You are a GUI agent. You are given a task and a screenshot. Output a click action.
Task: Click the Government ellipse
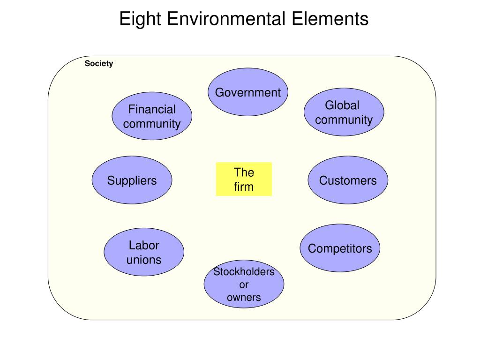tap(247, 92)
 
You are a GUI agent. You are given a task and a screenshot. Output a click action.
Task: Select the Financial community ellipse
tap(152, 116)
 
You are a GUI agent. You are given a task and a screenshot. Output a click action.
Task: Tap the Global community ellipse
tap(344, 112)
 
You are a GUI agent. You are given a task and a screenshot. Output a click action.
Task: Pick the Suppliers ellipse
tap(132, 180)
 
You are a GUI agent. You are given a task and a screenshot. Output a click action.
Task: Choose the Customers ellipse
tap(348, 180)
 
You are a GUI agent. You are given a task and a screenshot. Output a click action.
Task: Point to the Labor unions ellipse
tap(144, 252)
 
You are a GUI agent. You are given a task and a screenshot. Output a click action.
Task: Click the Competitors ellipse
tap(340, 248)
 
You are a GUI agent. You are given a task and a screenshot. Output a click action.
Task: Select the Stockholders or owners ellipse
tap(244, 285)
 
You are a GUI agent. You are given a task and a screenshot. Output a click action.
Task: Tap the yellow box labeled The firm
tap(244, 179)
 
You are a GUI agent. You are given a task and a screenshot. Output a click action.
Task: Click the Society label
tap(99, 64)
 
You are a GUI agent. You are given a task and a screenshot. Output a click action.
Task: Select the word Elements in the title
tap(330, 19)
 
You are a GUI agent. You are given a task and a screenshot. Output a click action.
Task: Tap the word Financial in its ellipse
tap(152, 110)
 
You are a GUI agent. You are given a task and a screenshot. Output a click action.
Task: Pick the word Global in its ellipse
tap(342, 105)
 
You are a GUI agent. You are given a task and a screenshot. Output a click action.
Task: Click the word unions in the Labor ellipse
tap(144, 260)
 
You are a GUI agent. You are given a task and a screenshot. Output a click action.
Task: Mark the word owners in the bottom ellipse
tap(244, 297)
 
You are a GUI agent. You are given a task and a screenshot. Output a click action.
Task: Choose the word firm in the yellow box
tap(244, 187)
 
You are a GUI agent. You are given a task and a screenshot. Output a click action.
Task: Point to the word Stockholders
tap(244, 272)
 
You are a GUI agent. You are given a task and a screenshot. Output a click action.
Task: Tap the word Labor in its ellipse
tap(144, 245)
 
